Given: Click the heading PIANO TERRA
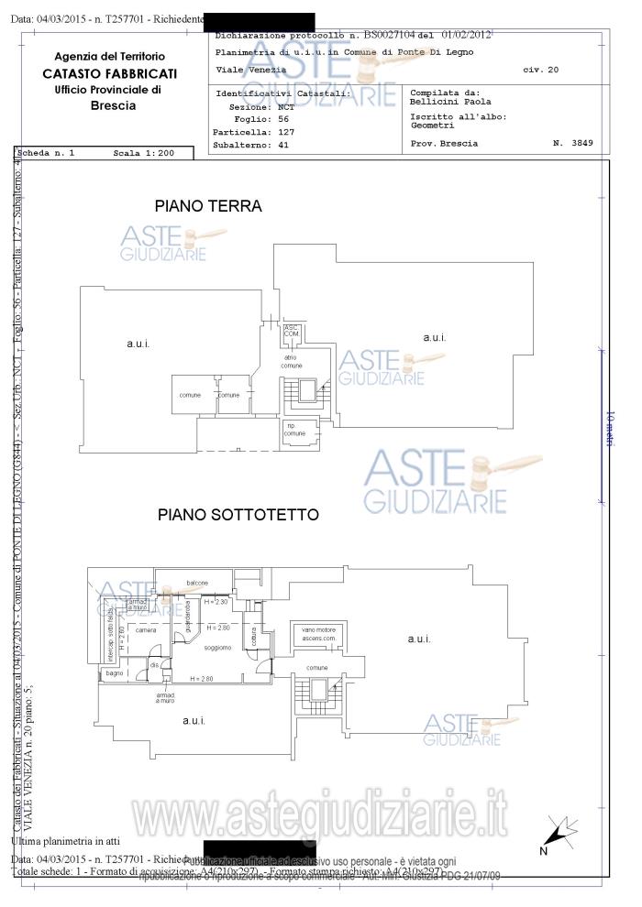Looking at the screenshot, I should (x=208, y=206).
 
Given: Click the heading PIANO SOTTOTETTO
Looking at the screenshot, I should (x=238, y=515).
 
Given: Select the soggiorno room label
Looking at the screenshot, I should (x=217, y=648).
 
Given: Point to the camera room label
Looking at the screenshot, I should (x=145, y=631).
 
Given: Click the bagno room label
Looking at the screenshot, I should (x=115, y=673).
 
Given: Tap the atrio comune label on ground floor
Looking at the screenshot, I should (x=292, y=360).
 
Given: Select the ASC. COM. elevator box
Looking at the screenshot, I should (x=292, y=332).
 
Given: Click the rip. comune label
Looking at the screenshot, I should (x=295, y=430).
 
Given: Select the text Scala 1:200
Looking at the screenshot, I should (x=143, y=153).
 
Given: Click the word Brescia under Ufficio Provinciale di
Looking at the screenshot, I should (x=113, y=105).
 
